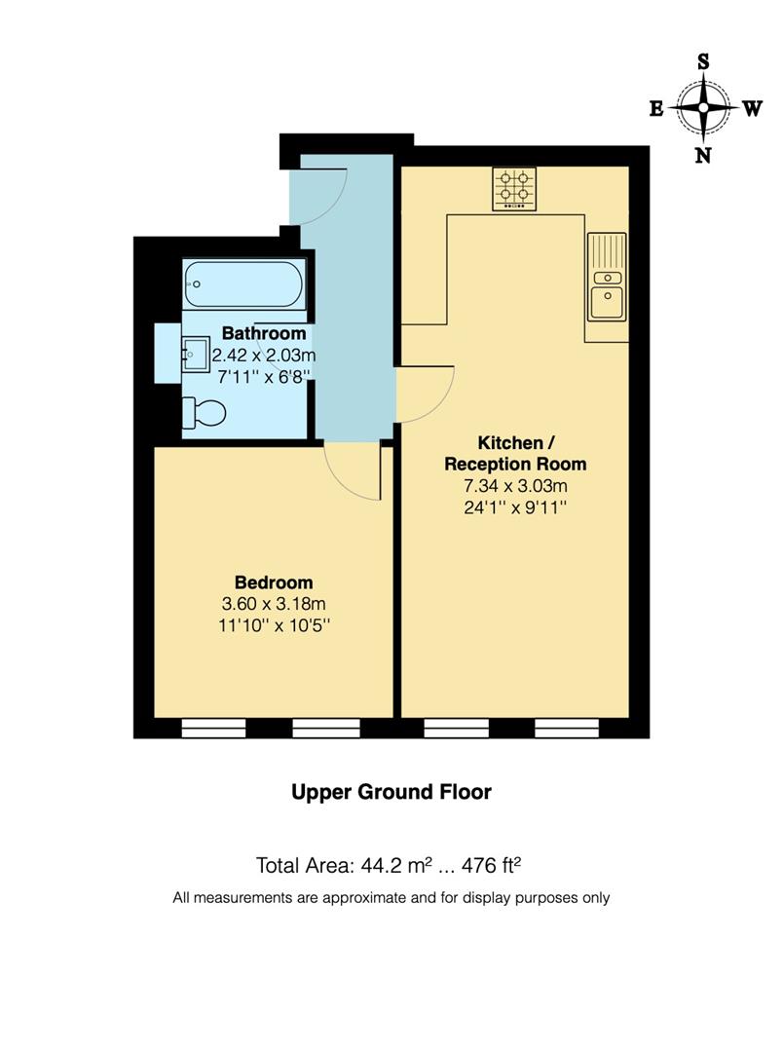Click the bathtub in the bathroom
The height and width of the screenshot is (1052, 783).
[244, 283]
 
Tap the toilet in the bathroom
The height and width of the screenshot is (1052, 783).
[205, 414]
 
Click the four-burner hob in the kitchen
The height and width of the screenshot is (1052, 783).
[514, 189]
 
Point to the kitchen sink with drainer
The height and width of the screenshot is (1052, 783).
[605, 278]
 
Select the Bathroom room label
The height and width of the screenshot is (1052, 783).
[263, 334]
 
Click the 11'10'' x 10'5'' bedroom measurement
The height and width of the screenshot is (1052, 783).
[277, 625]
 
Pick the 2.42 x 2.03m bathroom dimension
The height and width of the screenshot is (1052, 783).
[263, 355]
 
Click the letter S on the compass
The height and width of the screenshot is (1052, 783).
[702, 61]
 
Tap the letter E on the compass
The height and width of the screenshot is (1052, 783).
[656, 109]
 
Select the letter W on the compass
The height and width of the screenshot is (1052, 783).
[752, 109]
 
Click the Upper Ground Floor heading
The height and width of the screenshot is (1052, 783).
[391, 792]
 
